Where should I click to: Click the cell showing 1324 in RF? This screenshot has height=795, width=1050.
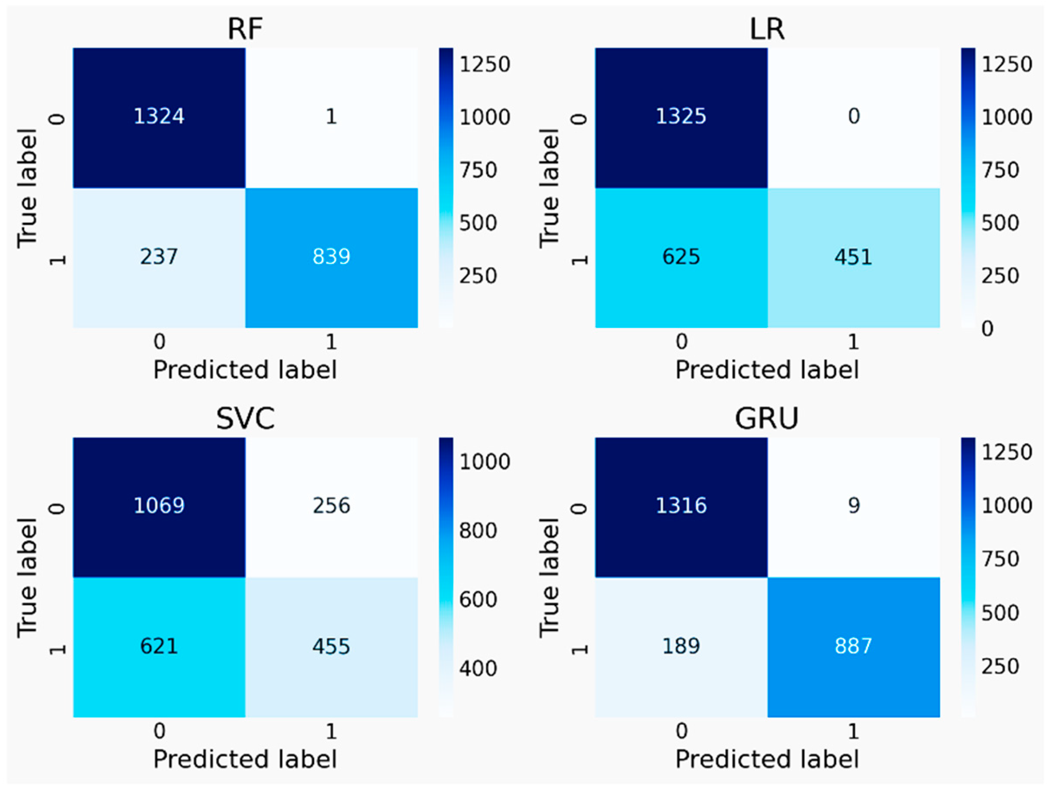tap(159, 117)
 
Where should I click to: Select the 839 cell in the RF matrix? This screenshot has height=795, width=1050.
tap(331, 257)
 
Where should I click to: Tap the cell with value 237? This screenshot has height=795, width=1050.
tap(159, 257)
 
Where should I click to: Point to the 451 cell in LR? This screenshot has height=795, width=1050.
tap(853, 257)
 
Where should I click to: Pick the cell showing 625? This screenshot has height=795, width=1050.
tap(681, 257)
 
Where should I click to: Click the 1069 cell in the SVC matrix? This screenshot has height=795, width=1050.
tap(159, 505)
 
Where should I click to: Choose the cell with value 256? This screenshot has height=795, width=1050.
tap(331, 505)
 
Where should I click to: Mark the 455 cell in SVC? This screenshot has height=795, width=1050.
tap(331, 646)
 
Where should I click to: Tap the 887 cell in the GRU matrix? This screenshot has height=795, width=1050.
tap(853, 646)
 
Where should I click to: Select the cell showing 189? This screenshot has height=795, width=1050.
tap(681, 646)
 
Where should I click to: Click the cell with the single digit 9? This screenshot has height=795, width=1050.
tap(853, 505)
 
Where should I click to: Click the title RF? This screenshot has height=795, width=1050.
tap(245, 29)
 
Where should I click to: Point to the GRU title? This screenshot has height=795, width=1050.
tap(767, 419)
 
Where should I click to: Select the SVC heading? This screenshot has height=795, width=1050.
tap(245, 419)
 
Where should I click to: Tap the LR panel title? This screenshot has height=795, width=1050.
tap(767, 29)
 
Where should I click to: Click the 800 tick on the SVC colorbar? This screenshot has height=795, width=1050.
tap(477, 530)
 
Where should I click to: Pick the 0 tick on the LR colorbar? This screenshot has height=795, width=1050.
tap(987, 328)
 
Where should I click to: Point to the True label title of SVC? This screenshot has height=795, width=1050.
tap(28, 577)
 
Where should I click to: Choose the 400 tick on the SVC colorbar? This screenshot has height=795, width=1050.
tap(477, 668)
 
